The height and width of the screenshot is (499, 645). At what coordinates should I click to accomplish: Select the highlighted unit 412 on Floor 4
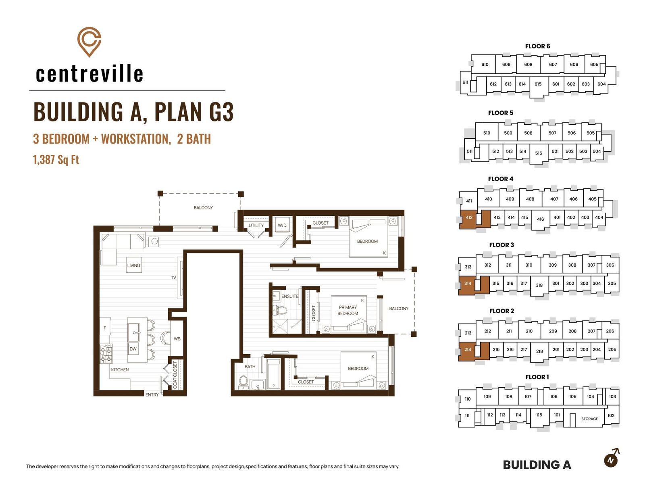point(469,217)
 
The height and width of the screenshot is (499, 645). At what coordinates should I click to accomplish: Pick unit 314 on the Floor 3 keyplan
point(468,283)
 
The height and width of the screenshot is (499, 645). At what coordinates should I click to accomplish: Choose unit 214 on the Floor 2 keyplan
point(468,350)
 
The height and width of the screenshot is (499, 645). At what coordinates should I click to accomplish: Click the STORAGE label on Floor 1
point(589,419)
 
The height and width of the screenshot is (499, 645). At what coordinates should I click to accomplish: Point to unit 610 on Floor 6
point(485,65)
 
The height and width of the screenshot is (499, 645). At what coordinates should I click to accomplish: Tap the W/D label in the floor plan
point(282,225)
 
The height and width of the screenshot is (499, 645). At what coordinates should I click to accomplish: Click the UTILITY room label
point(256,225)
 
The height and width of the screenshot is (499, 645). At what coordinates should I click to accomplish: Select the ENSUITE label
point(290,296)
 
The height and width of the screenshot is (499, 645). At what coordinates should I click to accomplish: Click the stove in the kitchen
point(106,354)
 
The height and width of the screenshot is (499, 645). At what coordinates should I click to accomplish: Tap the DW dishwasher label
point(133,349)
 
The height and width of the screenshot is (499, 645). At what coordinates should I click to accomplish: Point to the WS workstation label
point(177,339)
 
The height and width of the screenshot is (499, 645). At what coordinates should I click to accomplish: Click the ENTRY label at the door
point(152,395)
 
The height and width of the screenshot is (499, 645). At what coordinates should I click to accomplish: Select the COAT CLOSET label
point(175,375)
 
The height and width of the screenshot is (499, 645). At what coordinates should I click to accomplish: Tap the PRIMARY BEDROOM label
point(347,310)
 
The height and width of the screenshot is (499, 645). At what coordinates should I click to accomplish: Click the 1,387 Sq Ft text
point(56,159)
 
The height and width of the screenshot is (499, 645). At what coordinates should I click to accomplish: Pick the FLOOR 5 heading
point(500,113)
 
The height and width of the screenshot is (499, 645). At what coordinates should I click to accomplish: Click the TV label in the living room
point(173,278)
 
